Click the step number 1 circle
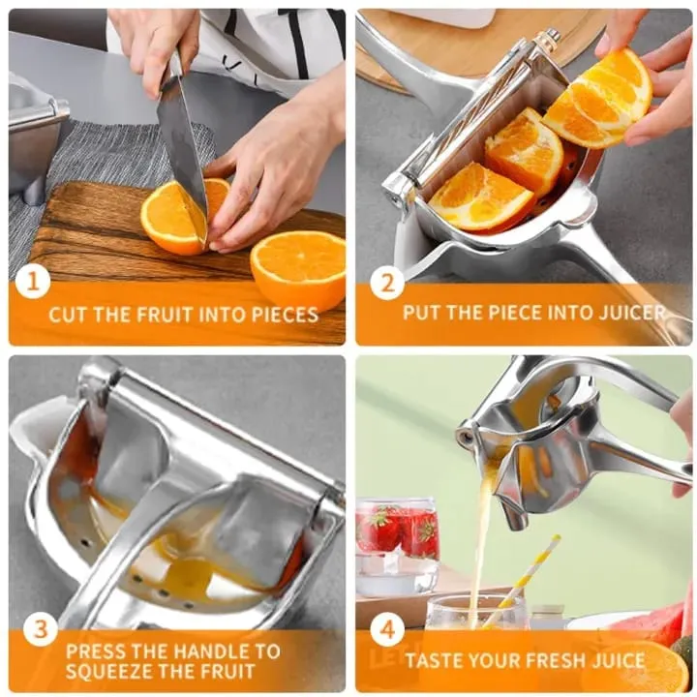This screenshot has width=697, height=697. (x=33, y=282)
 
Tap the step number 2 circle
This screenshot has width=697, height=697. (x=386, y=282)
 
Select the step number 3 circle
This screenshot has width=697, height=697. (x=40, y=629)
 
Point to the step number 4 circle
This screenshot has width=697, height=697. (x=386, y=630)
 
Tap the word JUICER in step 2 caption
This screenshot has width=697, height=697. (x=632, y=313)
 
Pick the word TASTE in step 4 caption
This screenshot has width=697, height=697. (x=434, y=660)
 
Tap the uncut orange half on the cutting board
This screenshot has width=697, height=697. (x=298, y=268)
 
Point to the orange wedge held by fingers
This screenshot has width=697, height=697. (x=598, y=100)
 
